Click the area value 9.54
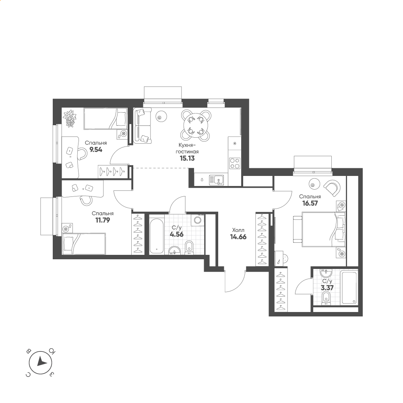click(96, 150)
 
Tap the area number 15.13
click(187, 158)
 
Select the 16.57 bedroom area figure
click(310, 203)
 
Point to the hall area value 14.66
click(238, 237)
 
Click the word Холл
click(238, 230)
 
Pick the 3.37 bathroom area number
click(327, 288)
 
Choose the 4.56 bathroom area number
click(177, 234)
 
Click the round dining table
click(196, 125)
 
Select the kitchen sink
click(217, 180)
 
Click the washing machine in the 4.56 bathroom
click(198, 220)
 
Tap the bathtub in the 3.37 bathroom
click(349, 287)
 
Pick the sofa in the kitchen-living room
click(143, 125)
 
